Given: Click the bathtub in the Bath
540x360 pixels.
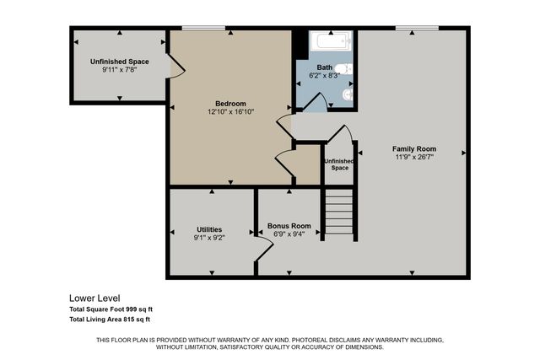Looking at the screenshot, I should [325, 42].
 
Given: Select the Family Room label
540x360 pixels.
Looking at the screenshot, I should [413, 148].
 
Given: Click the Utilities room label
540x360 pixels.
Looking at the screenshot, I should [209, 229].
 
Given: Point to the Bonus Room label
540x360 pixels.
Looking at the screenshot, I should [289, 226].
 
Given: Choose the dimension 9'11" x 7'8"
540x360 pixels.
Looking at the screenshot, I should [119, 70].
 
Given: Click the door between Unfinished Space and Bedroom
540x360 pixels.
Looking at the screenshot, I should [175, 66].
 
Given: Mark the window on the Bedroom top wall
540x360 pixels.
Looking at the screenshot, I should [197, 28].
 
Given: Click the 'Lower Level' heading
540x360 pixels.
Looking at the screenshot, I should [94, 298].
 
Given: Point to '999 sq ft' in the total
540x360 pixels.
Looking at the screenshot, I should [135, 309].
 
